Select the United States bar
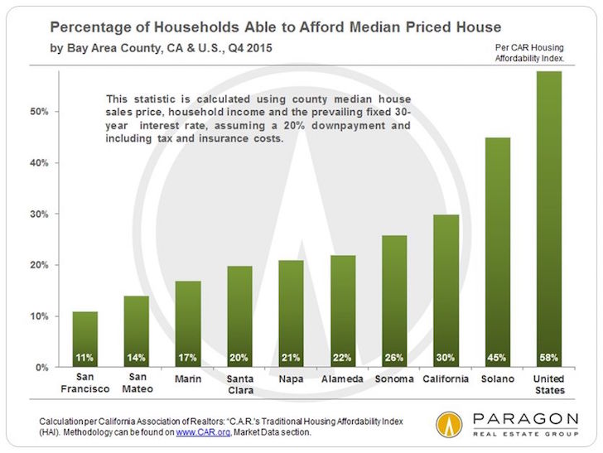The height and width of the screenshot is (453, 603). point(549,219)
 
